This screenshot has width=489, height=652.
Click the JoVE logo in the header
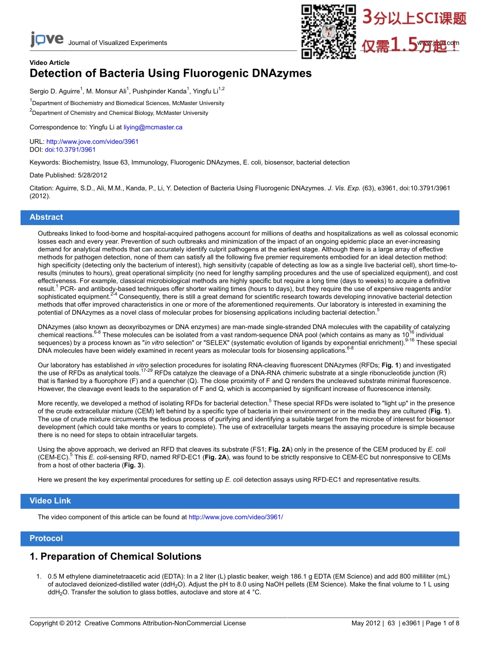pos(46,40)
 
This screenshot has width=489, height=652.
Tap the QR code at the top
pos(328,31)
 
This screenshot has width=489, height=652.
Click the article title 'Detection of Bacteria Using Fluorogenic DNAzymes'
pos(170,73)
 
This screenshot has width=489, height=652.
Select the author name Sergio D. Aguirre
pos(55,92)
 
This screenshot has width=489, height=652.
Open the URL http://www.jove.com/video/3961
pos(93,142)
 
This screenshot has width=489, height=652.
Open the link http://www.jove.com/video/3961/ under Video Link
pos(236,517)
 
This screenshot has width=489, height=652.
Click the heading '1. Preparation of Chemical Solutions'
pos(115,557)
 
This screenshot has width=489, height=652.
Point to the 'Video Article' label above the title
pos(49,63)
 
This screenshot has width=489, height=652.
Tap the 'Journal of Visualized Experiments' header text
pos(117,43)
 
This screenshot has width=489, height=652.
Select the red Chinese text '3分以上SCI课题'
pos(414,18)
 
